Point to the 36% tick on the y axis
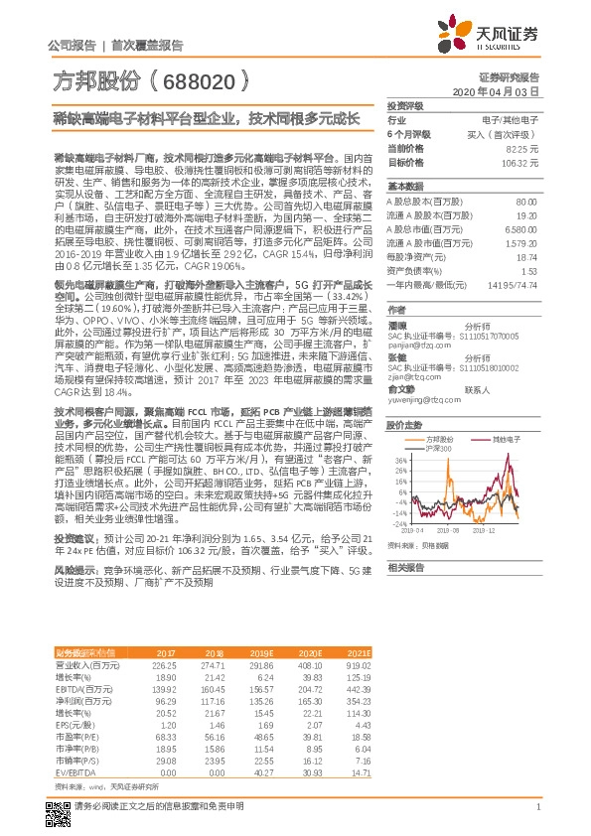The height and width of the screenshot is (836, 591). click(x=399, y=460)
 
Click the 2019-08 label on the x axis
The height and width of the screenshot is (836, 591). click(x=454, y=531)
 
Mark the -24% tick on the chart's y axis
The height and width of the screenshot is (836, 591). click(x=399, y=522)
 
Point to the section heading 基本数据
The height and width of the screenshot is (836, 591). click(x=405, y=186)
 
